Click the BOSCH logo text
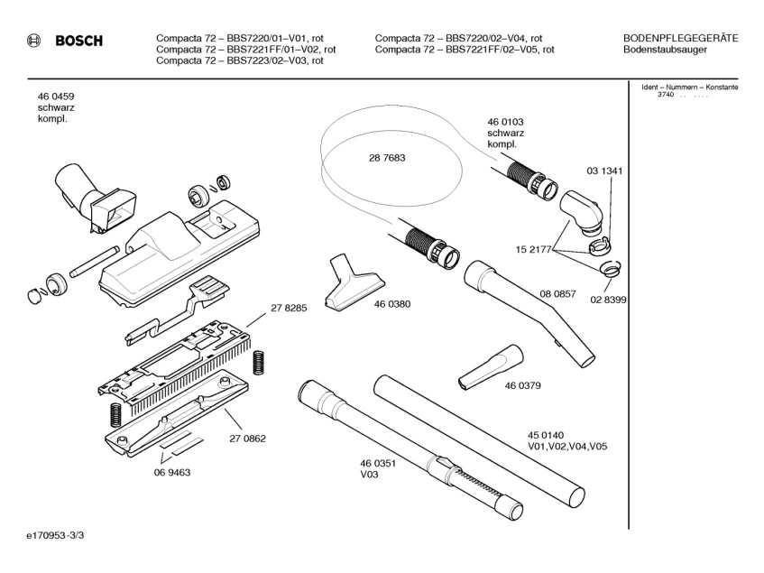point(78,41)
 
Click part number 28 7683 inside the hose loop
point(386,157)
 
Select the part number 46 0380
point(392,304)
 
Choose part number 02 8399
point(608,299)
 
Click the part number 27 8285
point(289,308)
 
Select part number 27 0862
point(247,439)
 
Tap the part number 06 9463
point(171,471)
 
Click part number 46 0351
point(378,463)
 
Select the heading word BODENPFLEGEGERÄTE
point(680,38)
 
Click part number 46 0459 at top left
point(56,96)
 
